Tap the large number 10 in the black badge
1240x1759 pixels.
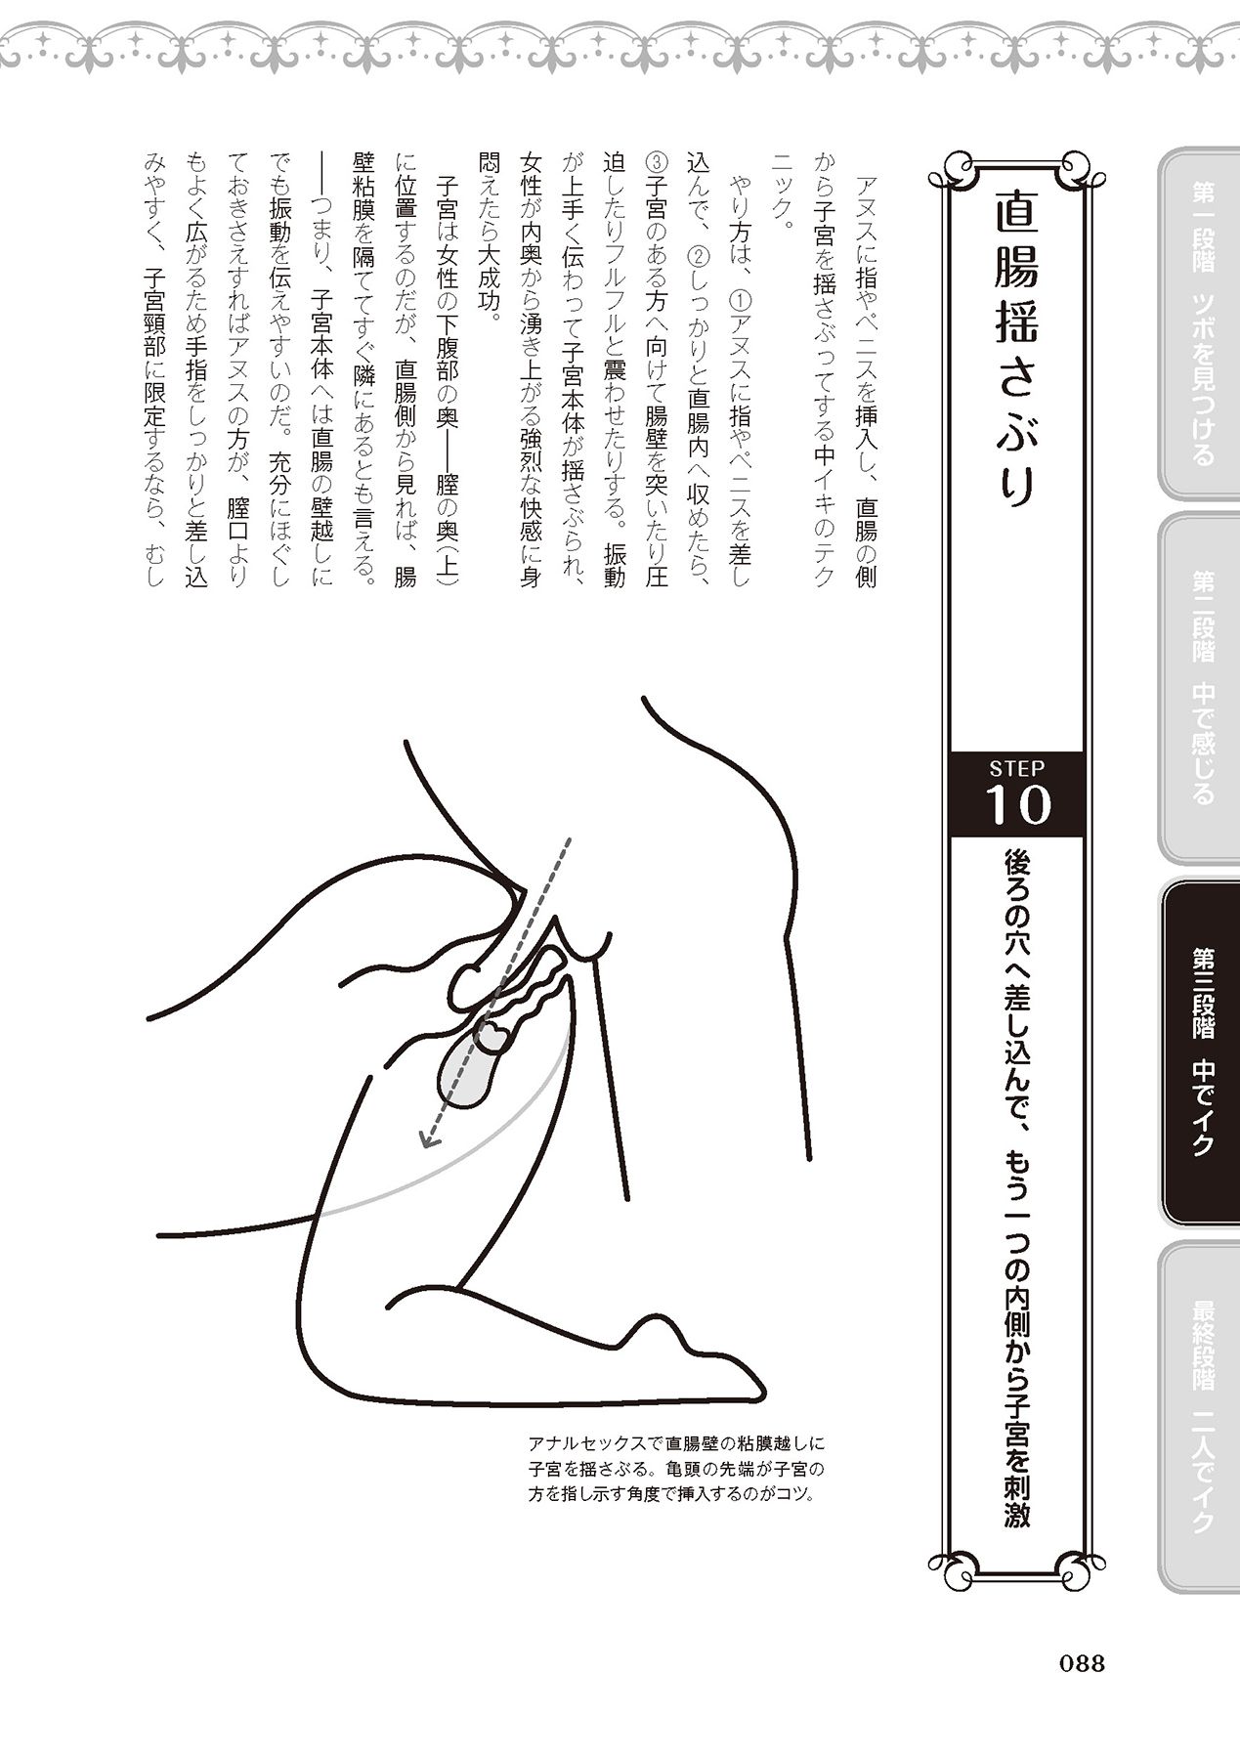(x=1019, y=804)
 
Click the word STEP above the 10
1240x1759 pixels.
(x=1017, y=768)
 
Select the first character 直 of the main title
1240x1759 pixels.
(x=1016, y=214)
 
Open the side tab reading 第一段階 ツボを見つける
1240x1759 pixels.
(x=1200, y=323)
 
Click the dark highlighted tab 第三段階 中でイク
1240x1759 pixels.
(x=1200, y=1051)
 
